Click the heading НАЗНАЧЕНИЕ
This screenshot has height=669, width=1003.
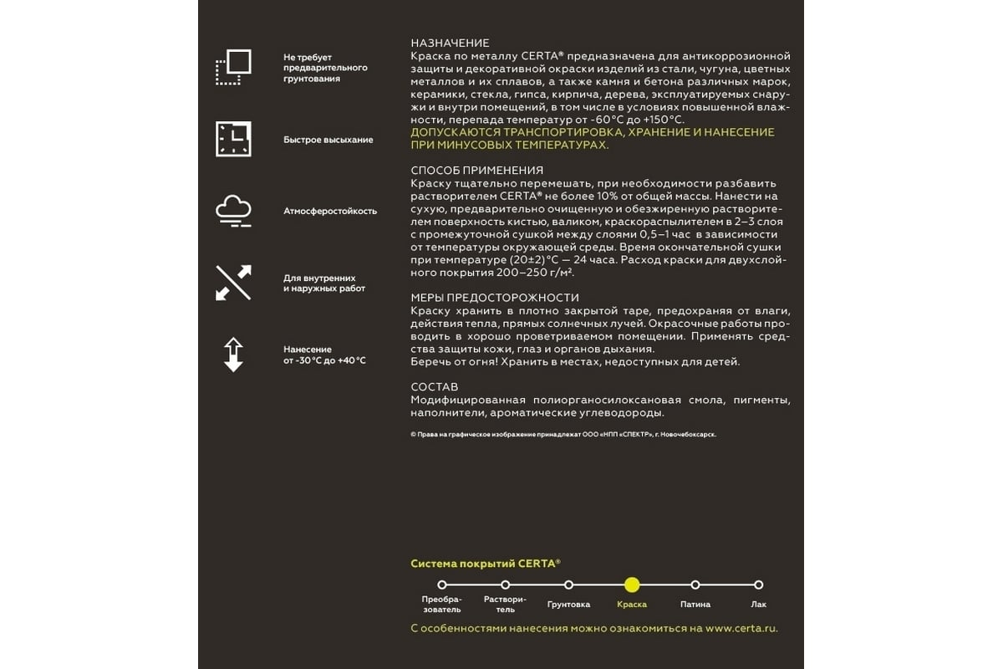coord(451,43)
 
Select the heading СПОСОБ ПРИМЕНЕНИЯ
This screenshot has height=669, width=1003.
coord(477,171)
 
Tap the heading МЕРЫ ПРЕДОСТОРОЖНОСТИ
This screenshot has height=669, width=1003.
coord(495,298)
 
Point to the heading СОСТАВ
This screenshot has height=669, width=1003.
coord(435,387)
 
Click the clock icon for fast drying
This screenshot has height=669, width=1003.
coord(233,139)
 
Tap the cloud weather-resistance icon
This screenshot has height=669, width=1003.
coord(233,211)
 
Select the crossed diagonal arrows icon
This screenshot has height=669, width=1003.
coord(233,283)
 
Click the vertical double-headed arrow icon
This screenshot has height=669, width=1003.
coord(233,355)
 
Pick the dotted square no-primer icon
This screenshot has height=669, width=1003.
coord(233,68)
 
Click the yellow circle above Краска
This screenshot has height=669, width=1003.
coord(632,585)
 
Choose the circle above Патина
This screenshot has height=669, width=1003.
coord(695,585)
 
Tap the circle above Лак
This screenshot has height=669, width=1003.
coord(758,585)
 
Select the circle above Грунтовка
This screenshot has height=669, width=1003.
coord(568,585)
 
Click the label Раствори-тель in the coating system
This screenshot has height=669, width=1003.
coord(505,605)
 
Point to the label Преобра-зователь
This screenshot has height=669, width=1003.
coord(441,605)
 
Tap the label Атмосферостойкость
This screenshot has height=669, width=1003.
coord(330,212)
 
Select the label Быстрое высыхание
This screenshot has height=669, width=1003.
coord(328,140)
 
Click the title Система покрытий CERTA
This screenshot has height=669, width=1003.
coord(485,564)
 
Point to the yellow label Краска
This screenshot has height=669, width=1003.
coord(632,605)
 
